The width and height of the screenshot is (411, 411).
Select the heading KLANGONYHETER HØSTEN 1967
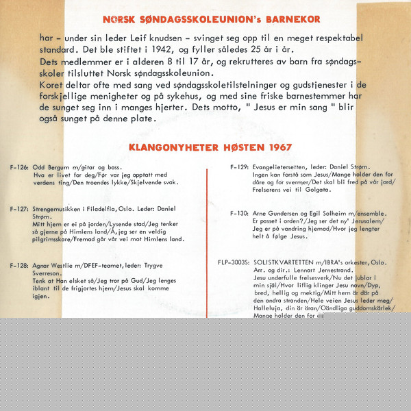point(210,147)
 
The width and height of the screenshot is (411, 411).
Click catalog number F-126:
point(19,168)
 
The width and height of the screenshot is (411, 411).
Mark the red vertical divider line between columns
point(206,240)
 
